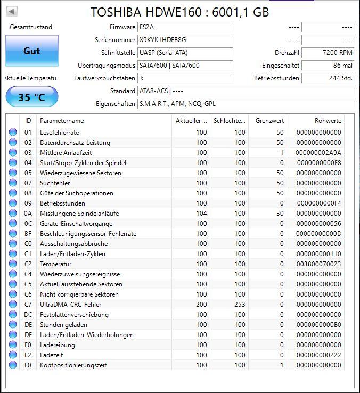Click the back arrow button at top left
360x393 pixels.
[12, 11]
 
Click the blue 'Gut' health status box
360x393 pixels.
[32, 51]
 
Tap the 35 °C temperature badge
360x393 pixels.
[32, 97]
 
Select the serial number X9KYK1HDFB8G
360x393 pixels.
[162, 40]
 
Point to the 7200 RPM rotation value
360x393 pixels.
[338, 53]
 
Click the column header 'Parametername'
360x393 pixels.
[62, 121]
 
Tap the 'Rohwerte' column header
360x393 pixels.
[328, 121]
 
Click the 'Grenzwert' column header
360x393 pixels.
[270, 121]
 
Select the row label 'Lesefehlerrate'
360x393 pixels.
[59, 133]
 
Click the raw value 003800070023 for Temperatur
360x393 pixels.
[318, 264]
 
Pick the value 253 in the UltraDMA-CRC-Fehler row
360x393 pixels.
[240, 305]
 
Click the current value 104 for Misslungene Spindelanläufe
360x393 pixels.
[201, 214]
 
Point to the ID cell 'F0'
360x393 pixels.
[28, 365]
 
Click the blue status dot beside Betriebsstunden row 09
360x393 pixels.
[13, 203]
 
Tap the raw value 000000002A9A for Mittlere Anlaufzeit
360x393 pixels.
[318, 153]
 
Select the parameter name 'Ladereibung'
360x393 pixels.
[58, 345]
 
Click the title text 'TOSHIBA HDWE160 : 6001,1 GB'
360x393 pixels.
[179, 12]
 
